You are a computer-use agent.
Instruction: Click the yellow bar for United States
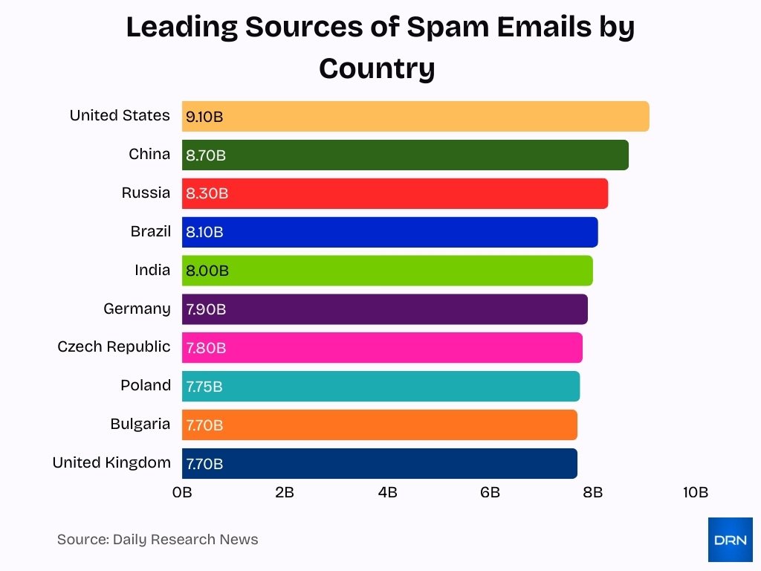[415, 116]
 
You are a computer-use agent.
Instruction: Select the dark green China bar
[405, 155]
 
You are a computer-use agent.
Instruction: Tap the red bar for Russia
[395, 193]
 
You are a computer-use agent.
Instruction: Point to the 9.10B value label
[204, 117]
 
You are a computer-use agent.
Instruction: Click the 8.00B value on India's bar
[207, 271]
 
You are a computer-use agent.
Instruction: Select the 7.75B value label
[204, 387]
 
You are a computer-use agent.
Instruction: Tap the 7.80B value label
[206, 348]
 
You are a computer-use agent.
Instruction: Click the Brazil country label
[150, 231]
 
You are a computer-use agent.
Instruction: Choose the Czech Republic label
[114, 346]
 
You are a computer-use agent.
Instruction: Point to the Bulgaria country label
[140, 424]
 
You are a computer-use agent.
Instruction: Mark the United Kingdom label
[111, 462]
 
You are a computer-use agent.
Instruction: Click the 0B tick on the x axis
[182, 492]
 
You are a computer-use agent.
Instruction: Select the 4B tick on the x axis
[387, 492]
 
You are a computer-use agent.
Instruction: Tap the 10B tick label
[696, 492]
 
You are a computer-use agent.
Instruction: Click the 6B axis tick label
[490, 492]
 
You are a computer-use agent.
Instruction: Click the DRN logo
[730, 540]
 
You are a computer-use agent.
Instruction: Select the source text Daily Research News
[185, 540]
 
